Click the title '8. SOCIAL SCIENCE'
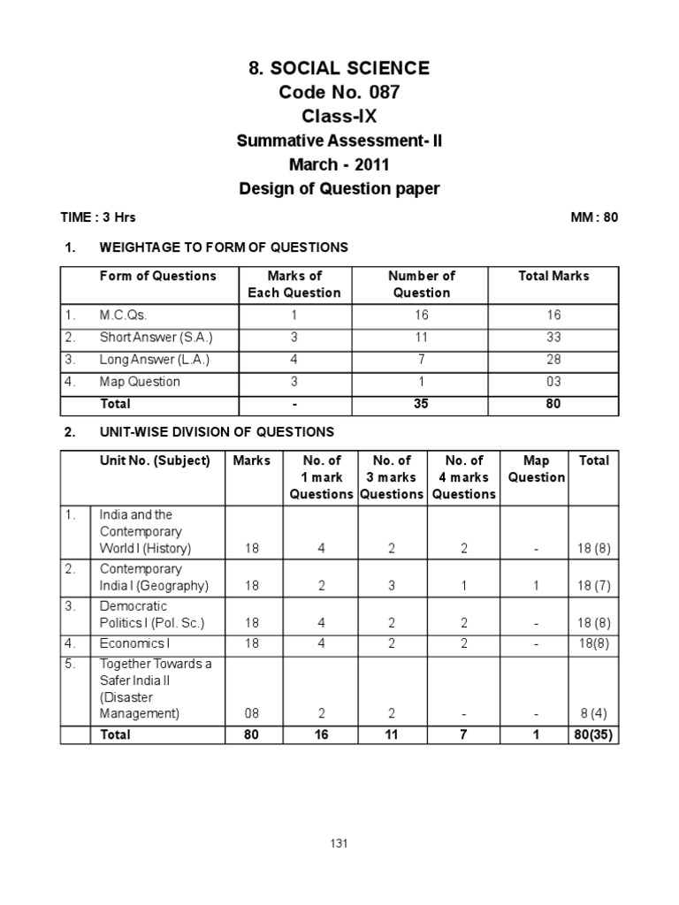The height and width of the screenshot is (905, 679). [339, 68]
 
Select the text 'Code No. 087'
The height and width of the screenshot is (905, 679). [339, 92]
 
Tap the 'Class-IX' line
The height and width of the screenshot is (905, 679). [339, 116]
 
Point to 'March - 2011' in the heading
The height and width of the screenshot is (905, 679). [339, 164]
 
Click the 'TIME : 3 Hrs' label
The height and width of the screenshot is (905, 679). [97, 217]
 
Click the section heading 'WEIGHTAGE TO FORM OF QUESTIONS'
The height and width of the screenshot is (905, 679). [225, 247]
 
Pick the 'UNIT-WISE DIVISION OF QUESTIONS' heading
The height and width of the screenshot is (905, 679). [217, 432]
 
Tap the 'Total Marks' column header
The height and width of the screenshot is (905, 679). [553, 276]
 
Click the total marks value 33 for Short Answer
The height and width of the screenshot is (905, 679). [553, 337]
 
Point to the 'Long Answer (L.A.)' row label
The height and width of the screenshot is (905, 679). [155, 360]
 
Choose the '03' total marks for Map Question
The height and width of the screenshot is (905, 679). [553, 382]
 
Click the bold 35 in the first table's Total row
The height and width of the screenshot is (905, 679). [422, 404]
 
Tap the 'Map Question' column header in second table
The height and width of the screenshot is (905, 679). [536, 468]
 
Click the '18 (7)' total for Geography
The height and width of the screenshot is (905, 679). [593, 586]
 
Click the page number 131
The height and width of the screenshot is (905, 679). [339, 843]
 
